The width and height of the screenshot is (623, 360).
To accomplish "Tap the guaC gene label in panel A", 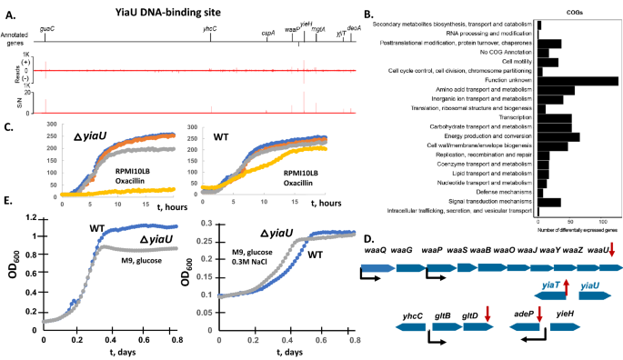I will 45,30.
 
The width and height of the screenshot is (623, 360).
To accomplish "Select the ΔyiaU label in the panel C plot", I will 94,135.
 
